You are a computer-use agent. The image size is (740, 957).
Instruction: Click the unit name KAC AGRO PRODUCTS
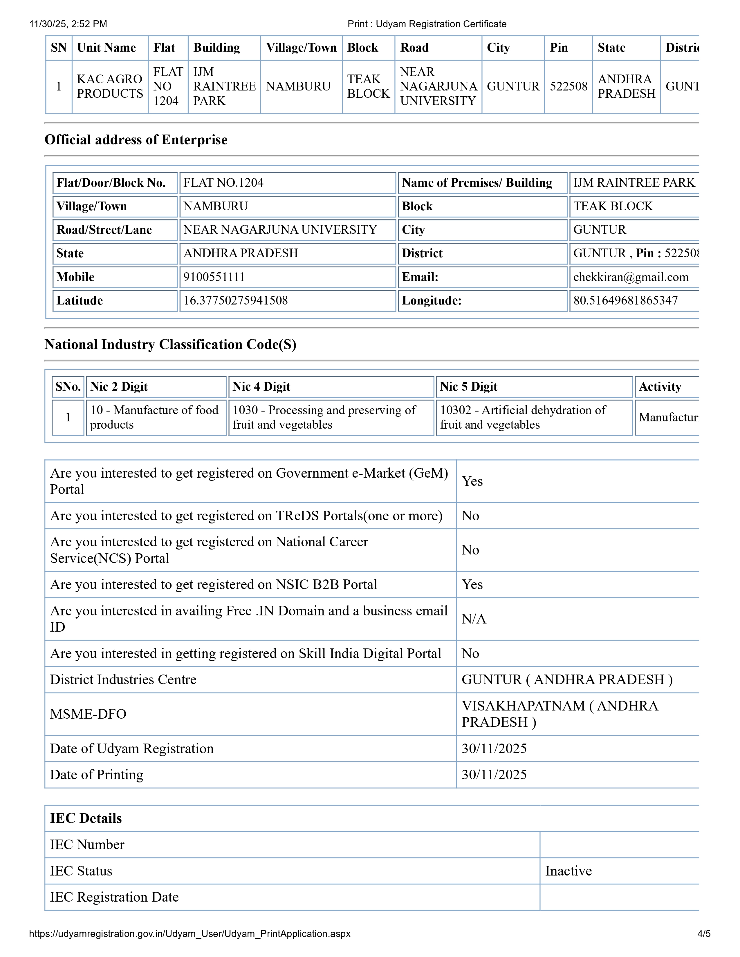coord(110,86)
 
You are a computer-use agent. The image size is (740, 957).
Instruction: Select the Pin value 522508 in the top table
coord(568,86)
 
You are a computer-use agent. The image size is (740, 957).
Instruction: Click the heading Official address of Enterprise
coord(136,140)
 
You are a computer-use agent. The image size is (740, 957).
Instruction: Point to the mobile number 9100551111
coord(214,277)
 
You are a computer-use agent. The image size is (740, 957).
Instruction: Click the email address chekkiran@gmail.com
coord(630,277)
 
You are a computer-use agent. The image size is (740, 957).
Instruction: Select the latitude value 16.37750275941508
coord(235,301)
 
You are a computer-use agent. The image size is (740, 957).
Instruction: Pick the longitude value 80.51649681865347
coord(625,301)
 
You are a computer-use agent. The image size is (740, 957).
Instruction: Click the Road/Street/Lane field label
coord(104,230)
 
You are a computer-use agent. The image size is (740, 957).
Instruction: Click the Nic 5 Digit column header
coord(468,387)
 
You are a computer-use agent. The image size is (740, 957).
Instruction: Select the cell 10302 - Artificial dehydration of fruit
coord(523,417)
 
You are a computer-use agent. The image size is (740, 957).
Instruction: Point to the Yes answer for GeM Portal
coord(472,481)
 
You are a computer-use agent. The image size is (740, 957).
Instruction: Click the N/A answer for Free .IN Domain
coord(474,619)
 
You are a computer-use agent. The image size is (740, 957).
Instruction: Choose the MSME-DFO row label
coord(88,714)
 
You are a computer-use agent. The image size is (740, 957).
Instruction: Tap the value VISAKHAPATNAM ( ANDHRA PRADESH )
coord(559,714)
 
